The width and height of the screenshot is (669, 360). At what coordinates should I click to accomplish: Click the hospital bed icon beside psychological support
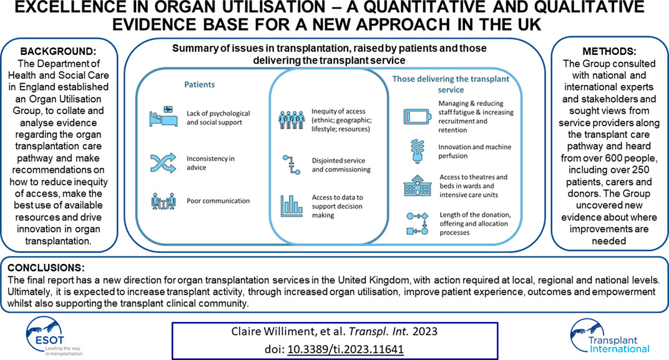[163, 117]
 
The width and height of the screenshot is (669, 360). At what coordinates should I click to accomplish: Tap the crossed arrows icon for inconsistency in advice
[163, 162]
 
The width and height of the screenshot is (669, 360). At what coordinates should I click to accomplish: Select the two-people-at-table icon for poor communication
[163, 201]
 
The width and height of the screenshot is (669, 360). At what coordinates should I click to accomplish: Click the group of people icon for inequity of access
[291, 120]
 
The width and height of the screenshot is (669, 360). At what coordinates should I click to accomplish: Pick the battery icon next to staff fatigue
[417, 117]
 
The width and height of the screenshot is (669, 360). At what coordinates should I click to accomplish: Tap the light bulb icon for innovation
[416, 151]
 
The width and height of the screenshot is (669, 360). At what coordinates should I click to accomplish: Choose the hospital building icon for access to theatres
[417, 185]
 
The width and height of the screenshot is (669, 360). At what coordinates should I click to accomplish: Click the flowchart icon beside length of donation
[417, 223]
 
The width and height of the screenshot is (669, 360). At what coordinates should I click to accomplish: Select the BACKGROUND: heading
[59, 52]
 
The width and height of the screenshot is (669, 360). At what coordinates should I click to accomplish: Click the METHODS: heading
[609, 52]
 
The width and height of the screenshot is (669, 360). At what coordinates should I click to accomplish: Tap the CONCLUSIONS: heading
[46, 268]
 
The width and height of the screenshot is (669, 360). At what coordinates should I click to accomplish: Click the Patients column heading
[199, 84]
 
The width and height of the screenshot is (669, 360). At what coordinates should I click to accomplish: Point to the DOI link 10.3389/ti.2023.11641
[345, 349]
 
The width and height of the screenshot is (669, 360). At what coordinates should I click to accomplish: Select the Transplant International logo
[610, 337]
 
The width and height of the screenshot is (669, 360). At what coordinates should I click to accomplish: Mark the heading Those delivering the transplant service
[451, 84]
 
